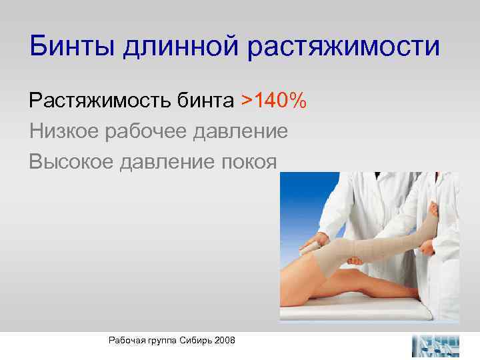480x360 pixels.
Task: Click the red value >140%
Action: [x=273, y=101]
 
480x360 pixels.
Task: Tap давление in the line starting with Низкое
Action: [x=241, y=131]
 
